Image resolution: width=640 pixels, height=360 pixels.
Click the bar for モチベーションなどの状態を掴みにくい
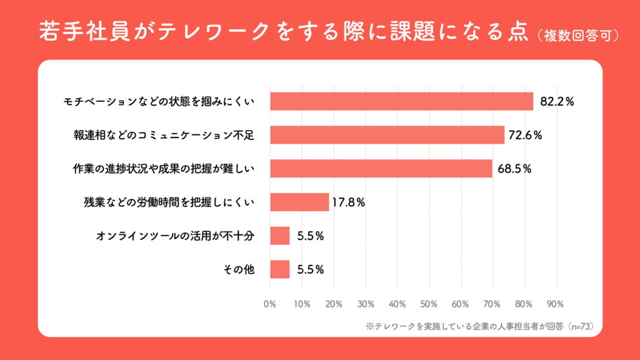coord(401,101)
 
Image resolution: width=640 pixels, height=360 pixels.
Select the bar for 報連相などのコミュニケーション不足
coord(387,135)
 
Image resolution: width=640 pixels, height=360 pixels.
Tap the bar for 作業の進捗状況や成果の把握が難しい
coord(381,169)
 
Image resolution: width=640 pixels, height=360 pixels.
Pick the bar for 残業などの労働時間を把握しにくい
coord(299,202)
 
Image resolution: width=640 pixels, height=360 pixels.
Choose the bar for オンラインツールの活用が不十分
coord(280,236)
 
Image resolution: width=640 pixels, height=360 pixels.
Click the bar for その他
coord(280,269)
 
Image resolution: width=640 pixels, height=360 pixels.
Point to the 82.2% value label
coord(557,102)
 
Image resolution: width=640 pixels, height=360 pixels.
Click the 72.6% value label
coord(524,135)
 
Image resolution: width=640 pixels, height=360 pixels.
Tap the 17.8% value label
coord(349,202)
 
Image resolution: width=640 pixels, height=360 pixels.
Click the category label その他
coord(238,270)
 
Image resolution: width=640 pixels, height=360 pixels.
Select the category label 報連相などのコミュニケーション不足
coord(164,135)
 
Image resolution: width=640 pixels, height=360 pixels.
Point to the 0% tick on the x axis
coord(270,304)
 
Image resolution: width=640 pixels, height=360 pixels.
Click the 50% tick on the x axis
coord(429,304)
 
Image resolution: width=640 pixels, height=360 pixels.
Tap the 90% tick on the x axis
coord(555,304)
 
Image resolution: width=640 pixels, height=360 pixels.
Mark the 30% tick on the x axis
coord(366,304)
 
